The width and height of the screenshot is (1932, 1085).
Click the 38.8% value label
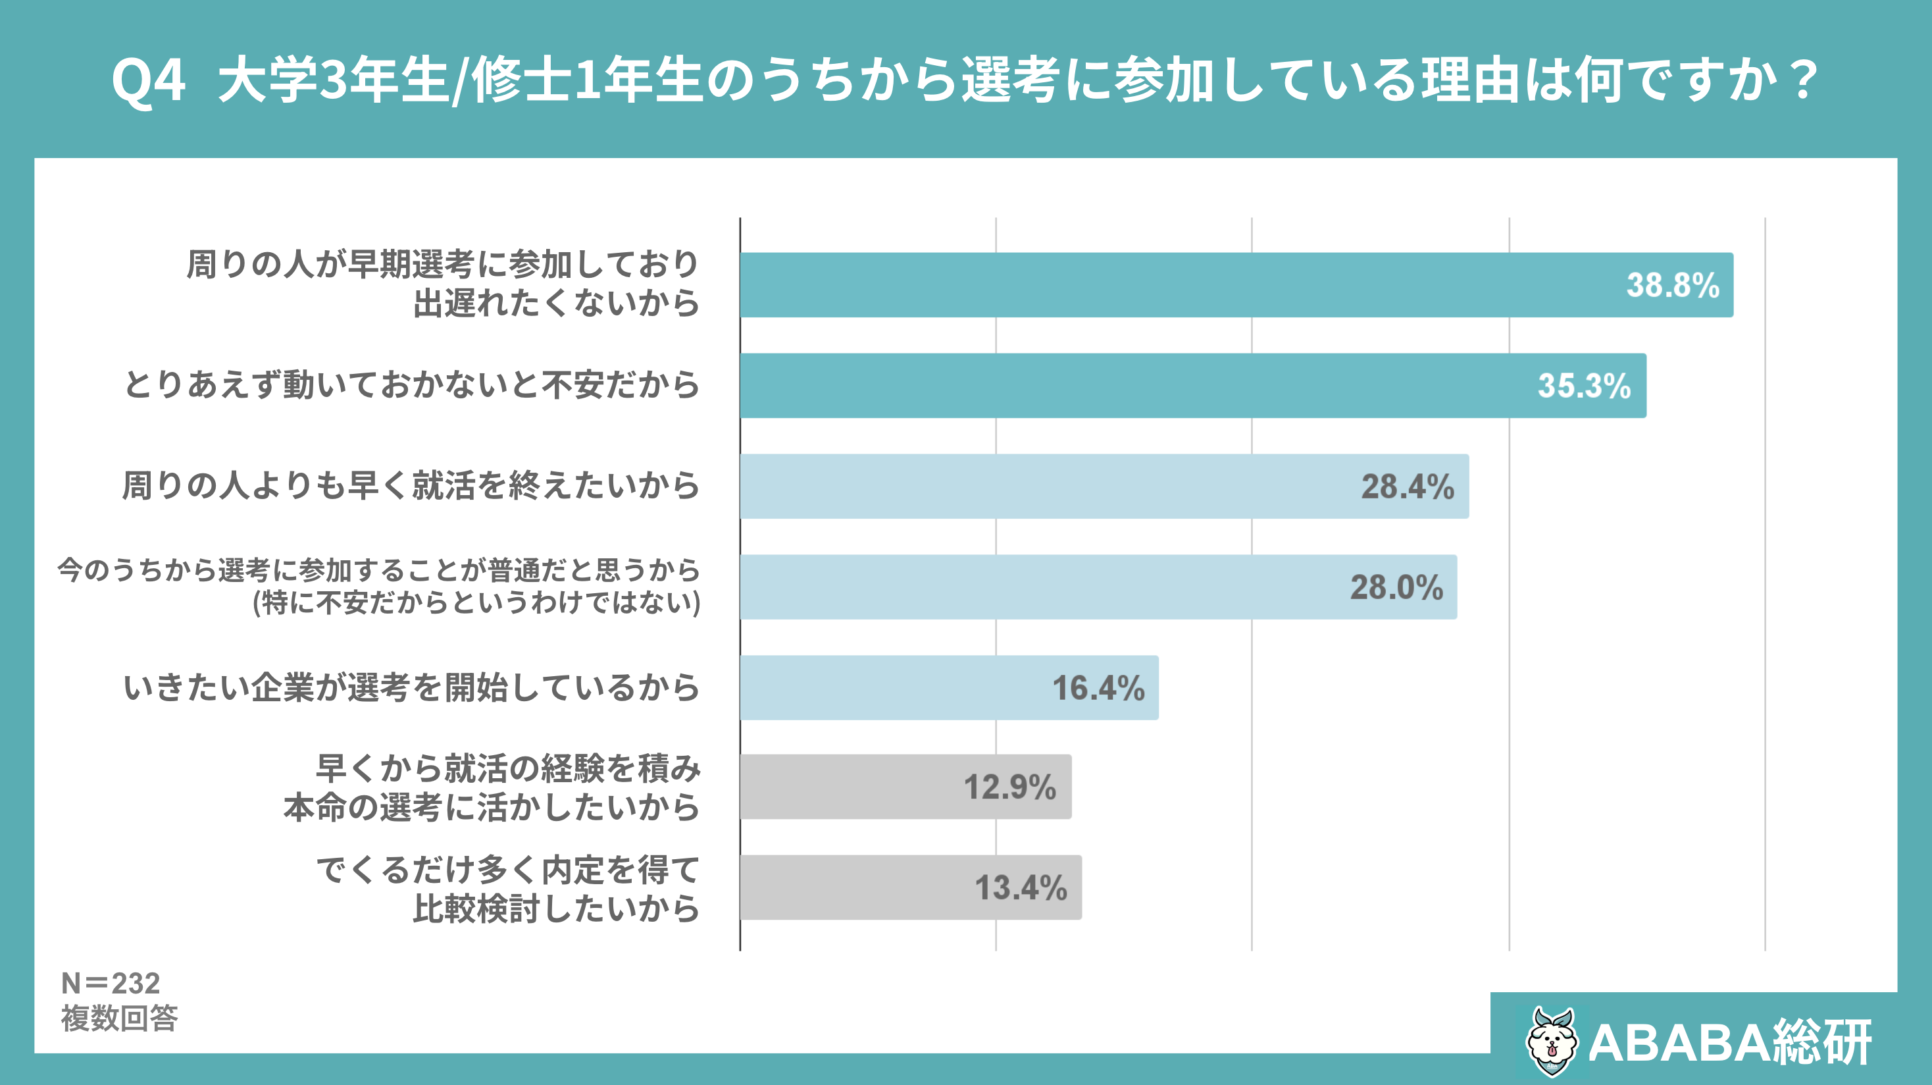point(1672,286)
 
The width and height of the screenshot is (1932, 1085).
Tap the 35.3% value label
point(1583,386)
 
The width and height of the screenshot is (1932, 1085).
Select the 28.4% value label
point(1407,487)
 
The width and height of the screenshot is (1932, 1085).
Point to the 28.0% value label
point(1396,587)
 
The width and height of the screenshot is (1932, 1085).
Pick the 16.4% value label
point(1098,688)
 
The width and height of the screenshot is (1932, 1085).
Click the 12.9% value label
point(1009,788)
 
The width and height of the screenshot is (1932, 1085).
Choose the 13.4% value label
point(1020,888)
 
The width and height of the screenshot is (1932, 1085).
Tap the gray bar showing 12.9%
point(848,787)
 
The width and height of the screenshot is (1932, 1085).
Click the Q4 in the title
point(148,80)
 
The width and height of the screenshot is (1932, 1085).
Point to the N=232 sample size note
point(111,983)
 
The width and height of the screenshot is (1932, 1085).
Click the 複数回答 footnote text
point(119,1019)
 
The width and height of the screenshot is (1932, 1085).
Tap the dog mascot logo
point(1551,1042)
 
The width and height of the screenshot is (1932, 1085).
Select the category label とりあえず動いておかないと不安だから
point(411,385)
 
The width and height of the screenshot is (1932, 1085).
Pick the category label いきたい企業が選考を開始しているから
point(411,687)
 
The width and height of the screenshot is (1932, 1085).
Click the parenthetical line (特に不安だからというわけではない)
point(477,602)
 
